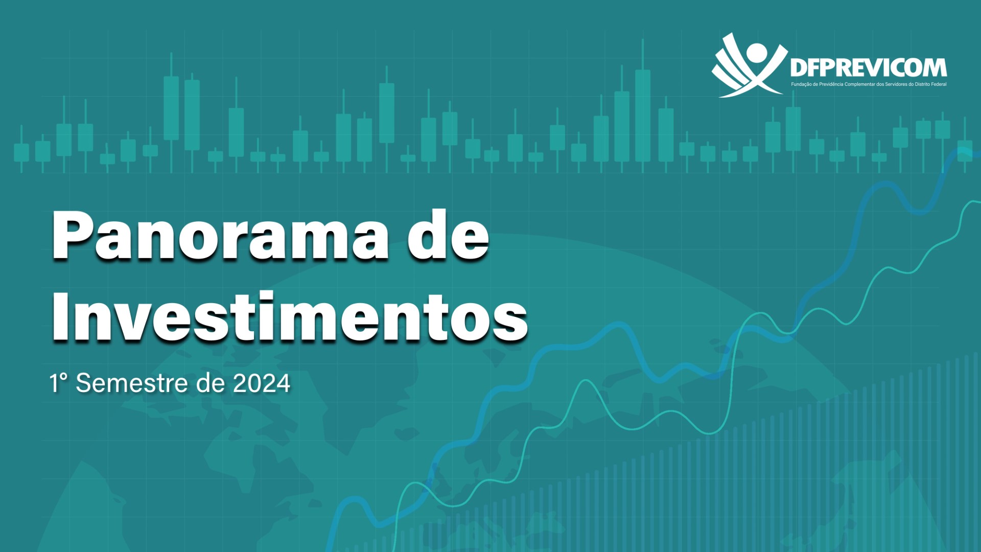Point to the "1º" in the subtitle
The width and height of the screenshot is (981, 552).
click(58, 383)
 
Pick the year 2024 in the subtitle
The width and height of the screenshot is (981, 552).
click(262, 383)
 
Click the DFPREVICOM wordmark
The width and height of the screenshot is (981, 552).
click(869, 67)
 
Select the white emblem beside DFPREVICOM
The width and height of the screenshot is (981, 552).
click(749, 65)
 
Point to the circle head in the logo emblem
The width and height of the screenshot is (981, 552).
click(757, 52)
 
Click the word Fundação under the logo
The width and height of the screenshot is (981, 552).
click(801, 84)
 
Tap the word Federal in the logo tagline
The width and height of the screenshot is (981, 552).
click(939, 84)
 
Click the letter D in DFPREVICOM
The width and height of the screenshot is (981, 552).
click(799, 67)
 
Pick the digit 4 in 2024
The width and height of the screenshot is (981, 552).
click(283, 383)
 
